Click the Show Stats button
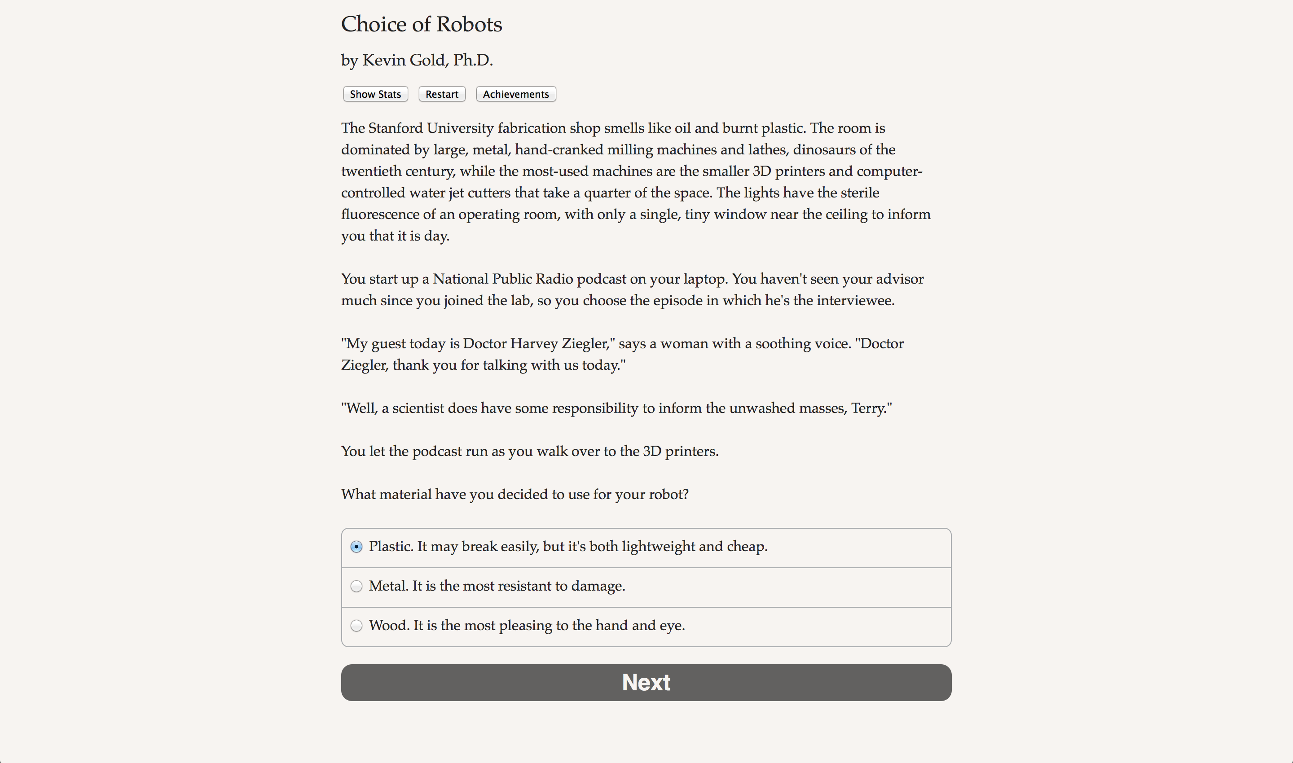375,94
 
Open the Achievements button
515,94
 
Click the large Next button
646,682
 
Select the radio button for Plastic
356,547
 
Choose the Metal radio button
356,586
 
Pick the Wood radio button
356,626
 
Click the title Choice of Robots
421,24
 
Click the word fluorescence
379,215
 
